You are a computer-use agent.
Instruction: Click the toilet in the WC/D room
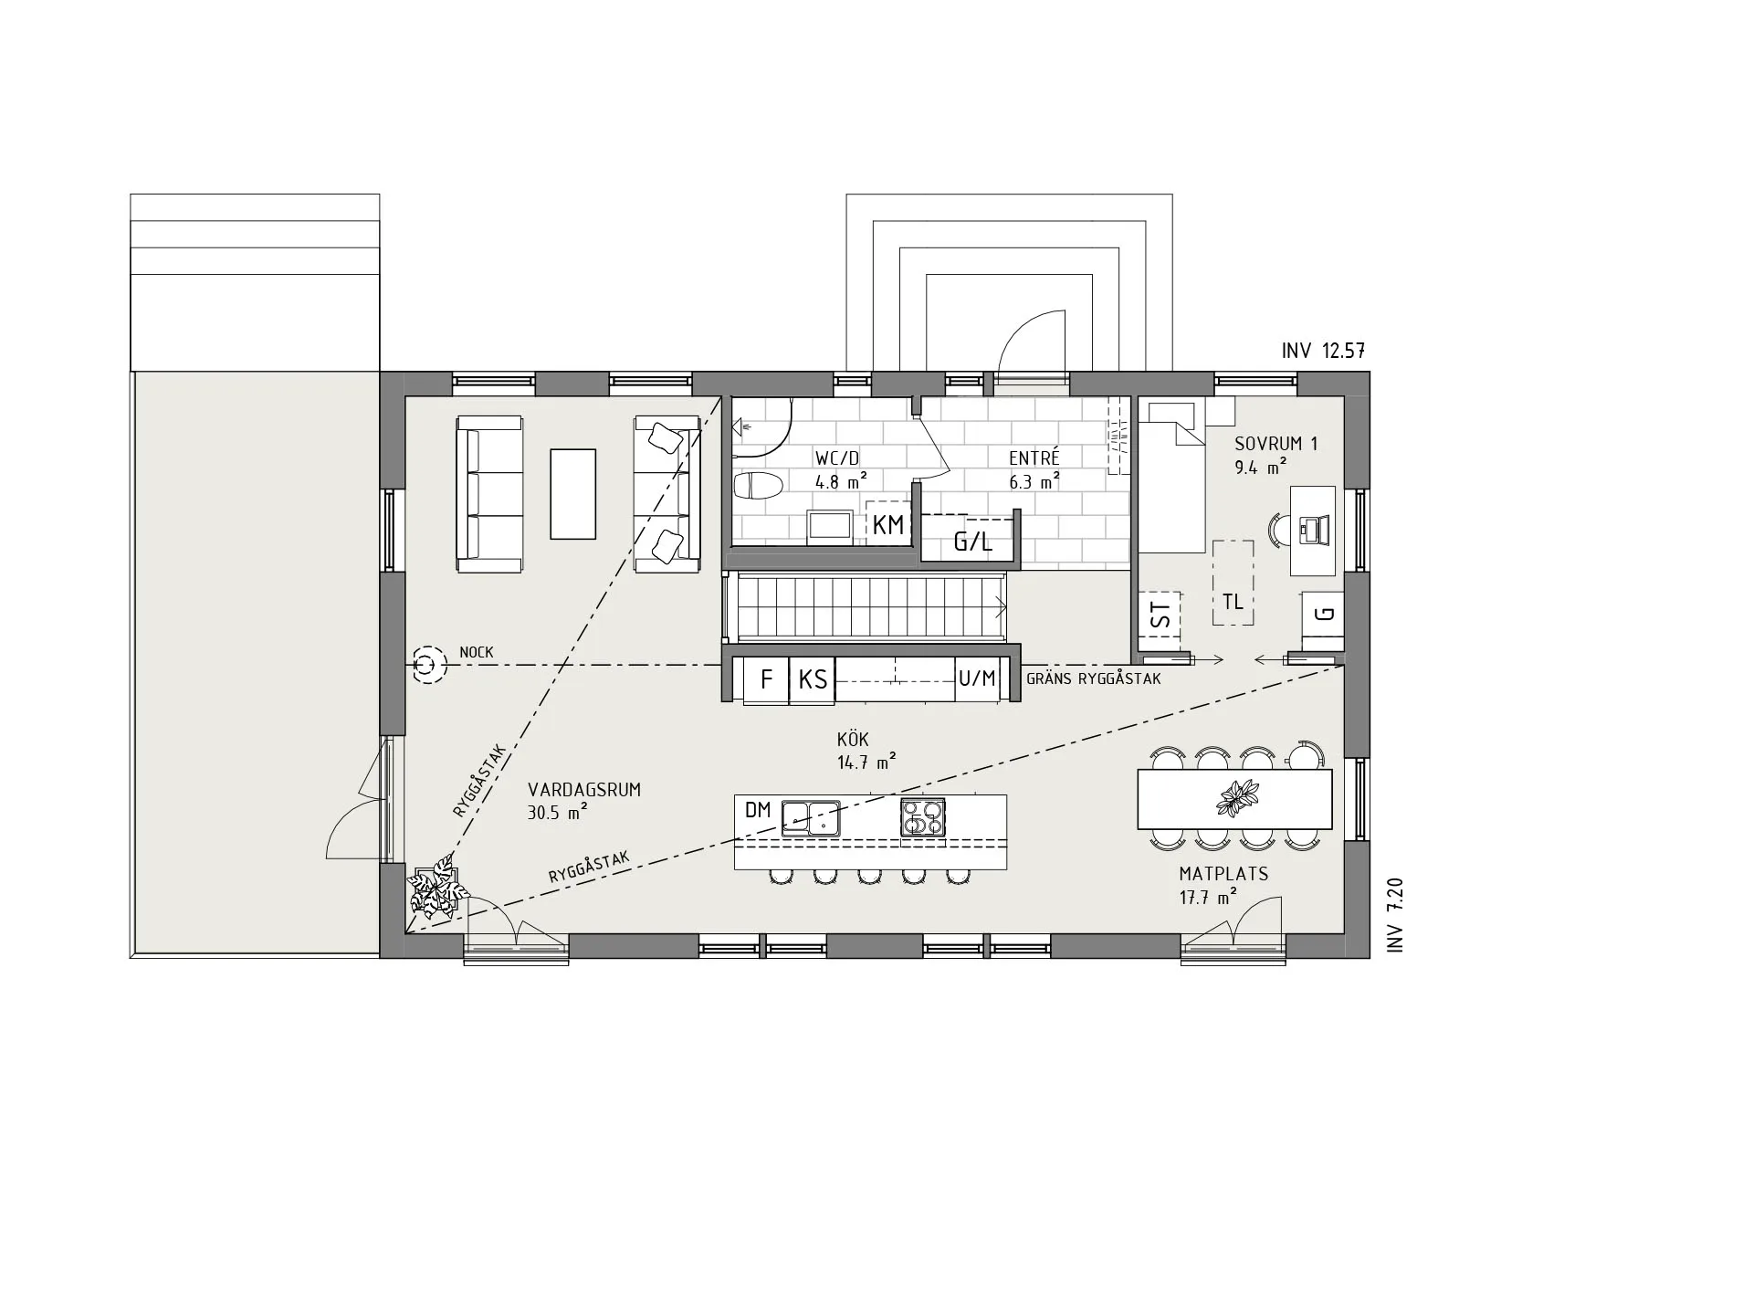click(x=759, y=486)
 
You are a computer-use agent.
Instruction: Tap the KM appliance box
click(x=888, y=524)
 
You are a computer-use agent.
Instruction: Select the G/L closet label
click(x=972, y=542)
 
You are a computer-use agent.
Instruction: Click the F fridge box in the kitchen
click(x=767, y=679)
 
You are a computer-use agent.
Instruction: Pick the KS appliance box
click(x=813, y=679)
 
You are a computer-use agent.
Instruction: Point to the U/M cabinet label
click(x=977, y=679)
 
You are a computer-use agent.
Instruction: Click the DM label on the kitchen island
click(x=758, y=810)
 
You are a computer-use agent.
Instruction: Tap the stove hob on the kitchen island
click(x=922, y=816)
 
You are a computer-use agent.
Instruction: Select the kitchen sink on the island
click(x=811, y=817)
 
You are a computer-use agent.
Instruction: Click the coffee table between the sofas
click(x=572, y=493)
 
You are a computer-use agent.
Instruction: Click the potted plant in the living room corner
click(x=436, y=887)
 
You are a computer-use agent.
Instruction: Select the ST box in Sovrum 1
click(x=1160, y=615)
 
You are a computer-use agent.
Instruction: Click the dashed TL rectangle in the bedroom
click(x=1233, y=583)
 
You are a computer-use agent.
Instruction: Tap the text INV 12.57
click(x=1323, y=351)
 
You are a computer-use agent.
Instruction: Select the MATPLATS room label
click(x=1223, y=874)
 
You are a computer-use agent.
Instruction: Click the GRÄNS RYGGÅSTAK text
click(x=1093, y=679)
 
